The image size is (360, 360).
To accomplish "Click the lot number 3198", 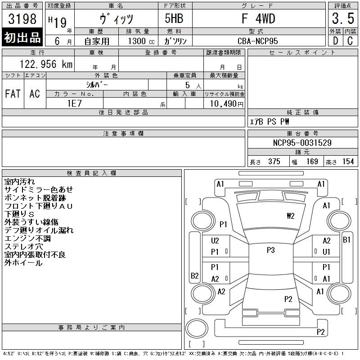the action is coord(22,18).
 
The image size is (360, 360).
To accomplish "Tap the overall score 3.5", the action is coord(343,18).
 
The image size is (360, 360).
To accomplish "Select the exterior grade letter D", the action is coord(335,41).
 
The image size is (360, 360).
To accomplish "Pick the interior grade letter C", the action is coord(350,41).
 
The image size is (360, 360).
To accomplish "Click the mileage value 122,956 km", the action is coord(46,64).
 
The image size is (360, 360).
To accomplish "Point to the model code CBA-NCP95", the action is coord(257,41).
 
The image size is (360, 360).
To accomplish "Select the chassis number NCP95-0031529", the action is coord(302,143).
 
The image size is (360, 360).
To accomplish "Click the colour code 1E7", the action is coord(74,103).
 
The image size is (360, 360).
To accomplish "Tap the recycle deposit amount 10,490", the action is coord(223,104).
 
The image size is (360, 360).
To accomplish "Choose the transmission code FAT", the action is coord(13,94).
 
